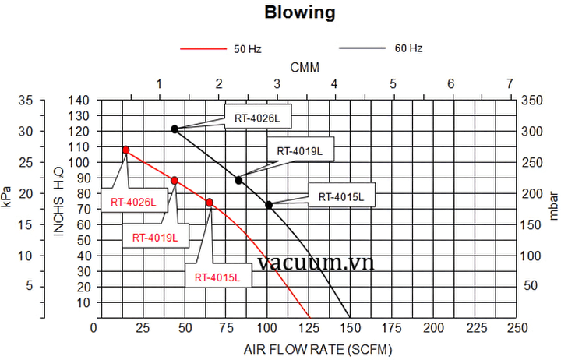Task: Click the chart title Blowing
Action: (x=300, y=12)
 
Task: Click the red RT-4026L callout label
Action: (x=132, y=203)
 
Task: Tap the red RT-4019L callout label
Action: (x=154, y=237)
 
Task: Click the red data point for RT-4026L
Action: (x=125, y=150)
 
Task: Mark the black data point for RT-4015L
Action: (x=269, y=205)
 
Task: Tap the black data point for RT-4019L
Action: (x=238, y=180)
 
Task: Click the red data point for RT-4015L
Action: (x=210, y=203)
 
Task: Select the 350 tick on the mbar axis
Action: (x=532, y=100)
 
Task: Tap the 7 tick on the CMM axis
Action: (x=510, y=83)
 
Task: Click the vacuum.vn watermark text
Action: (x=312, y=263)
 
